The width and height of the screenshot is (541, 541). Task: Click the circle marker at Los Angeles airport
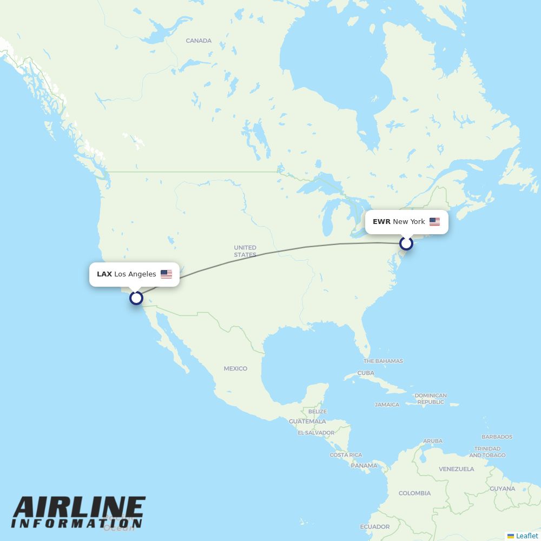136,298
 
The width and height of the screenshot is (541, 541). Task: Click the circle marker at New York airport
406,244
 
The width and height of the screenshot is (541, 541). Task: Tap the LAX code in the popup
104,274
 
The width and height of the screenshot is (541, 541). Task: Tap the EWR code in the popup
381,222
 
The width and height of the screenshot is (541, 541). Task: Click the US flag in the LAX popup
166,274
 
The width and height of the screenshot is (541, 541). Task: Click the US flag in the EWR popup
434,222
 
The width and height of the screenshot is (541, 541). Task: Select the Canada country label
199,41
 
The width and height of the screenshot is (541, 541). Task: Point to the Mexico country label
235,368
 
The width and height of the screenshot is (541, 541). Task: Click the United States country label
245,251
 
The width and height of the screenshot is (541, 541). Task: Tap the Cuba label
366,373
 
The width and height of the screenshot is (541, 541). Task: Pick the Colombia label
414,493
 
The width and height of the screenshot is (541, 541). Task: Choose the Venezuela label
456,469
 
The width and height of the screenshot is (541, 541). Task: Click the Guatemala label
307,421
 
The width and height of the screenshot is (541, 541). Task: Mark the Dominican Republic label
431,399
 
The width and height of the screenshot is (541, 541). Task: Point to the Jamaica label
387,405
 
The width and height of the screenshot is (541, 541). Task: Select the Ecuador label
374,526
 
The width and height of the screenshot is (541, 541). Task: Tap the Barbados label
497,437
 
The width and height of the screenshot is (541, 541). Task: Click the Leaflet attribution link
526,536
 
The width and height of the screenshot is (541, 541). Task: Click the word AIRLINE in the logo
79,507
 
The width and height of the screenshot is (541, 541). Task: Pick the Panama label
364,465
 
